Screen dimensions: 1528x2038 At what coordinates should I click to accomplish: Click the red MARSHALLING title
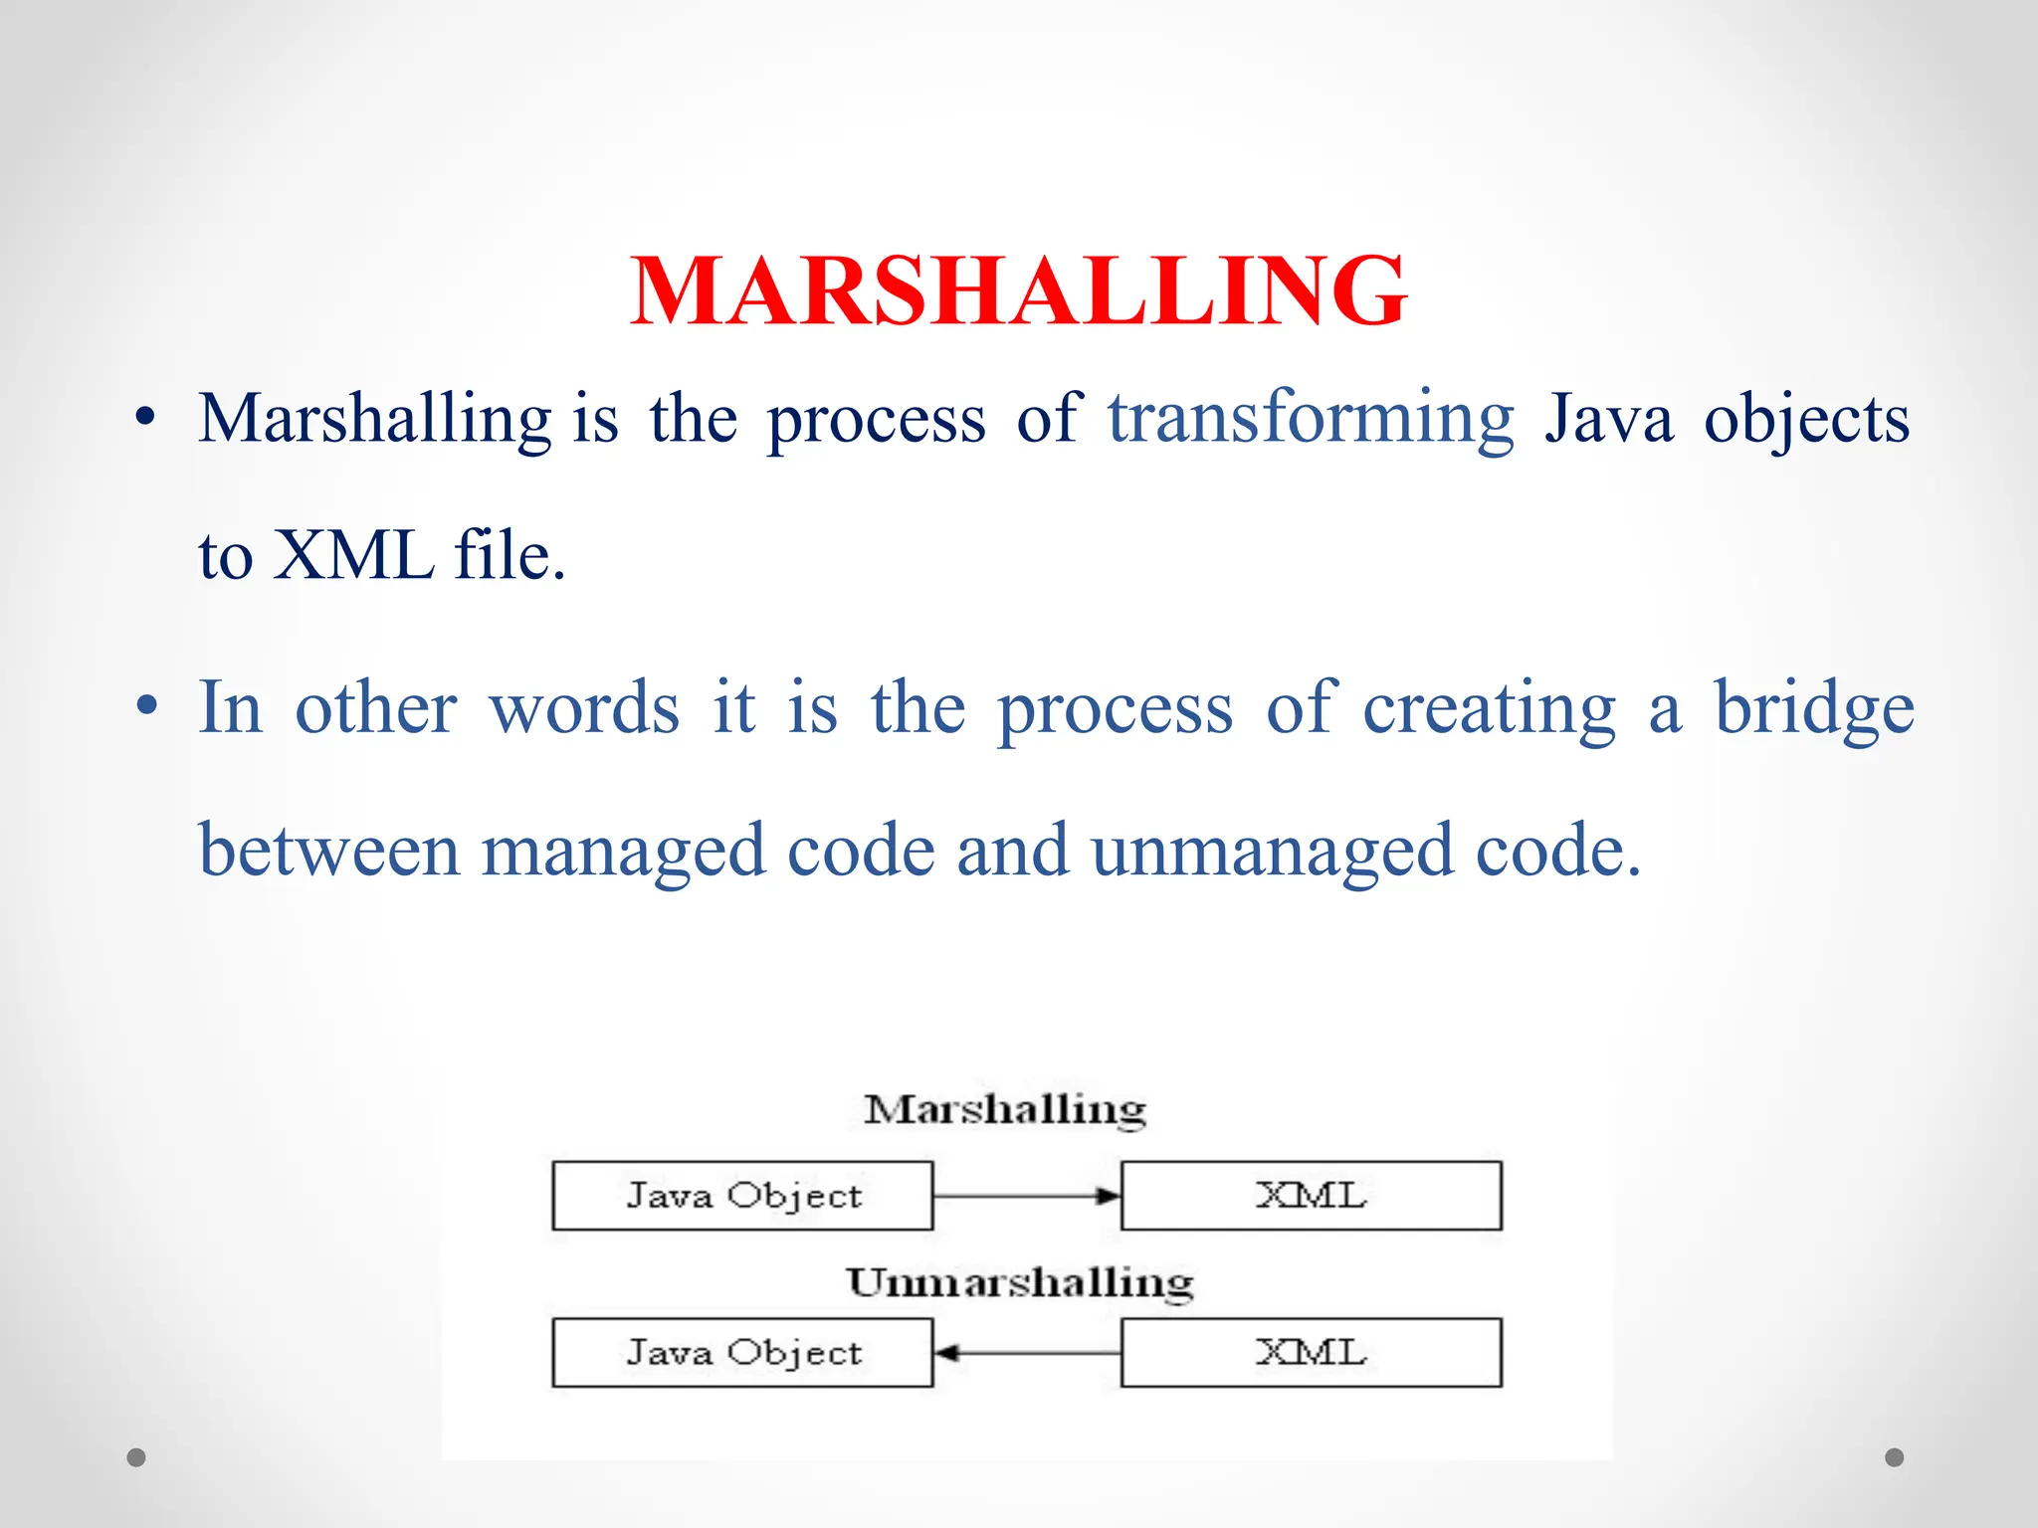pos(1018,290)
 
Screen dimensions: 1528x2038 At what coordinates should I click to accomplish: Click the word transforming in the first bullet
pos(1311,419)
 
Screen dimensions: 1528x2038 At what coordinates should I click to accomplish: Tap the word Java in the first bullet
pos(1608,419)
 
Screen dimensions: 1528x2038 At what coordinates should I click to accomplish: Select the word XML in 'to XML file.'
pos(353,555)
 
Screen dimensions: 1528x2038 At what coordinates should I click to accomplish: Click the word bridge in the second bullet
pos(1813,708)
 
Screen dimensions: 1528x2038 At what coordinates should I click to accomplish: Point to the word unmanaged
pos(1272,852)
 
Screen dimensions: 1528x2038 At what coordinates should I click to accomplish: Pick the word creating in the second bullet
pos(1489,708)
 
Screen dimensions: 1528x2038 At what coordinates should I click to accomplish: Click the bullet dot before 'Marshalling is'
pos(146,419)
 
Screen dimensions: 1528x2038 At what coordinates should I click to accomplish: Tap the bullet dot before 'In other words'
pos(146,707)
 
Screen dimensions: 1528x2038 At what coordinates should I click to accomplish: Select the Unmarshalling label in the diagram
pos(1020,1282)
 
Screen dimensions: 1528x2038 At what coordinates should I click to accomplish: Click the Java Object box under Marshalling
pos(742,1196)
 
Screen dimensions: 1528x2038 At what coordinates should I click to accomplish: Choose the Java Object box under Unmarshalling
pos(742,1353)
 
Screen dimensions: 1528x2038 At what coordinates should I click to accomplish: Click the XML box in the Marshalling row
pos(1311,1196)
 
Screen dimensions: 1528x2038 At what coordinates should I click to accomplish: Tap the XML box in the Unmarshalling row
pos(1311,1353)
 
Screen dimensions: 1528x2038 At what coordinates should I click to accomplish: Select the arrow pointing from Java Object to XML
pos(1026,1196)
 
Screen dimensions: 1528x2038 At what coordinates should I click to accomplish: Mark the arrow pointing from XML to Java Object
pos(1026,1353)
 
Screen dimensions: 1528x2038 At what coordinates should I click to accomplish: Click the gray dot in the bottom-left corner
pos(136,1457)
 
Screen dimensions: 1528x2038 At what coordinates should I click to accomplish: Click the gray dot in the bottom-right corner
pos(1895,1457)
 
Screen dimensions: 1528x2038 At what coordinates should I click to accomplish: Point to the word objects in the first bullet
pos(1806,419)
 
